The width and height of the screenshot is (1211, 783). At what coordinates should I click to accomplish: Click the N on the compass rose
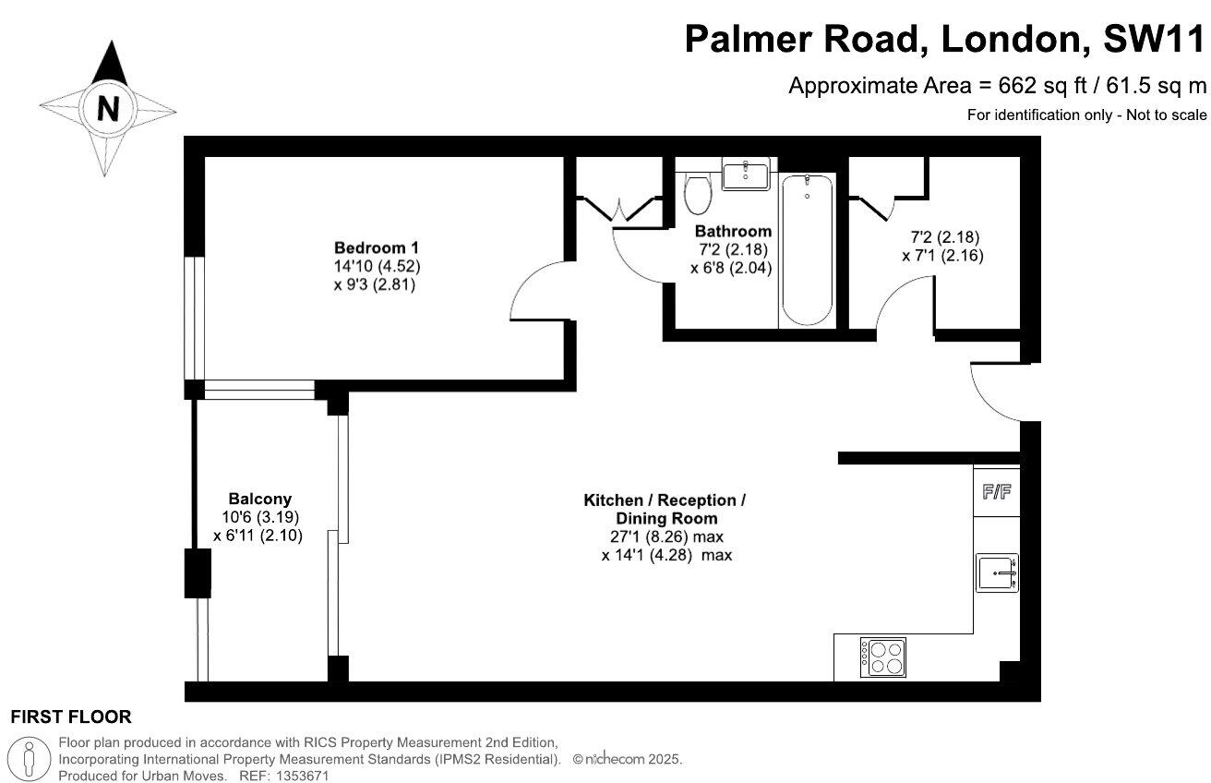(x=109, y=109)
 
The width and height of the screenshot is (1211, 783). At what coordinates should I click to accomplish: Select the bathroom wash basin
(x=745, y=175)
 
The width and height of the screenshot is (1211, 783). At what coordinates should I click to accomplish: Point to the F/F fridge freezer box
(x=996, y=491)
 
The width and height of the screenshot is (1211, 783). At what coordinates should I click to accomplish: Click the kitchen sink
(x=997, y=572)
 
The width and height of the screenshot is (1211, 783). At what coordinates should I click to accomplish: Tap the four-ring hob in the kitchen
(x=883, y=657)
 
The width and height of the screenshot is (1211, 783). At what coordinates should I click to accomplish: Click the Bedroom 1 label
(x=377, y=247)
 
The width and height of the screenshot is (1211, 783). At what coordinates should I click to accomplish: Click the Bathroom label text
(x=733, y=231)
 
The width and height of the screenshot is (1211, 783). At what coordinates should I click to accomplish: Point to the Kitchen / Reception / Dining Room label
(x=665, y=509)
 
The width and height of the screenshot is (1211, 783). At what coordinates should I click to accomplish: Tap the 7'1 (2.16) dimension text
(x=941, y=256)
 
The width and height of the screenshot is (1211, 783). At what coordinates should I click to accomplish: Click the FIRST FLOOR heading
(x=70, y=717)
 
